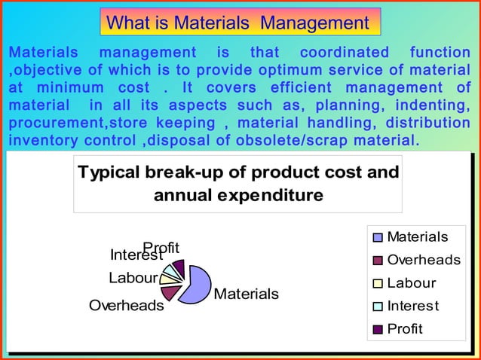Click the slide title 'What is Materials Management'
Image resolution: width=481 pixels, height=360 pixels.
click(x=238, y=23)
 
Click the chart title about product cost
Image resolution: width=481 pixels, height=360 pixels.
click(x=238, y=184)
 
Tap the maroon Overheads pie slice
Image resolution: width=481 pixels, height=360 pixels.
click(x=171, y=291)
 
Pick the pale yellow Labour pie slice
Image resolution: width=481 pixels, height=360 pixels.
click(x=167, y=277)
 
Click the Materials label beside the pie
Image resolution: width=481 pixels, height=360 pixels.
click(x=247, y=294)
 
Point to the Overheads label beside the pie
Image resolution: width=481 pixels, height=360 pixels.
click(x=127, y=306)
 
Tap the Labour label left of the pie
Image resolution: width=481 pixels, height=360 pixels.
click(x=133, y=277)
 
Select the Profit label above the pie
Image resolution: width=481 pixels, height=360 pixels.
click(x=161, y=247)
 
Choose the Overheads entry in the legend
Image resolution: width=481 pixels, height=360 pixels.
click(x=423, y=260)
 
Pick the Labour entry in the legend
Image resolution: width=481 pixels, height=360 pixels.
click(x=411, y=283)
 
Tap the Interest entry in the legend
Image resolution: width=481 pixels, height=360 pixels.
click(x=412, y=306)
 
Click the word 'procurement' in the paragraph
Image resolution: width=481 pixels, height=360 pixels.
click(x=49, y=123)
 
